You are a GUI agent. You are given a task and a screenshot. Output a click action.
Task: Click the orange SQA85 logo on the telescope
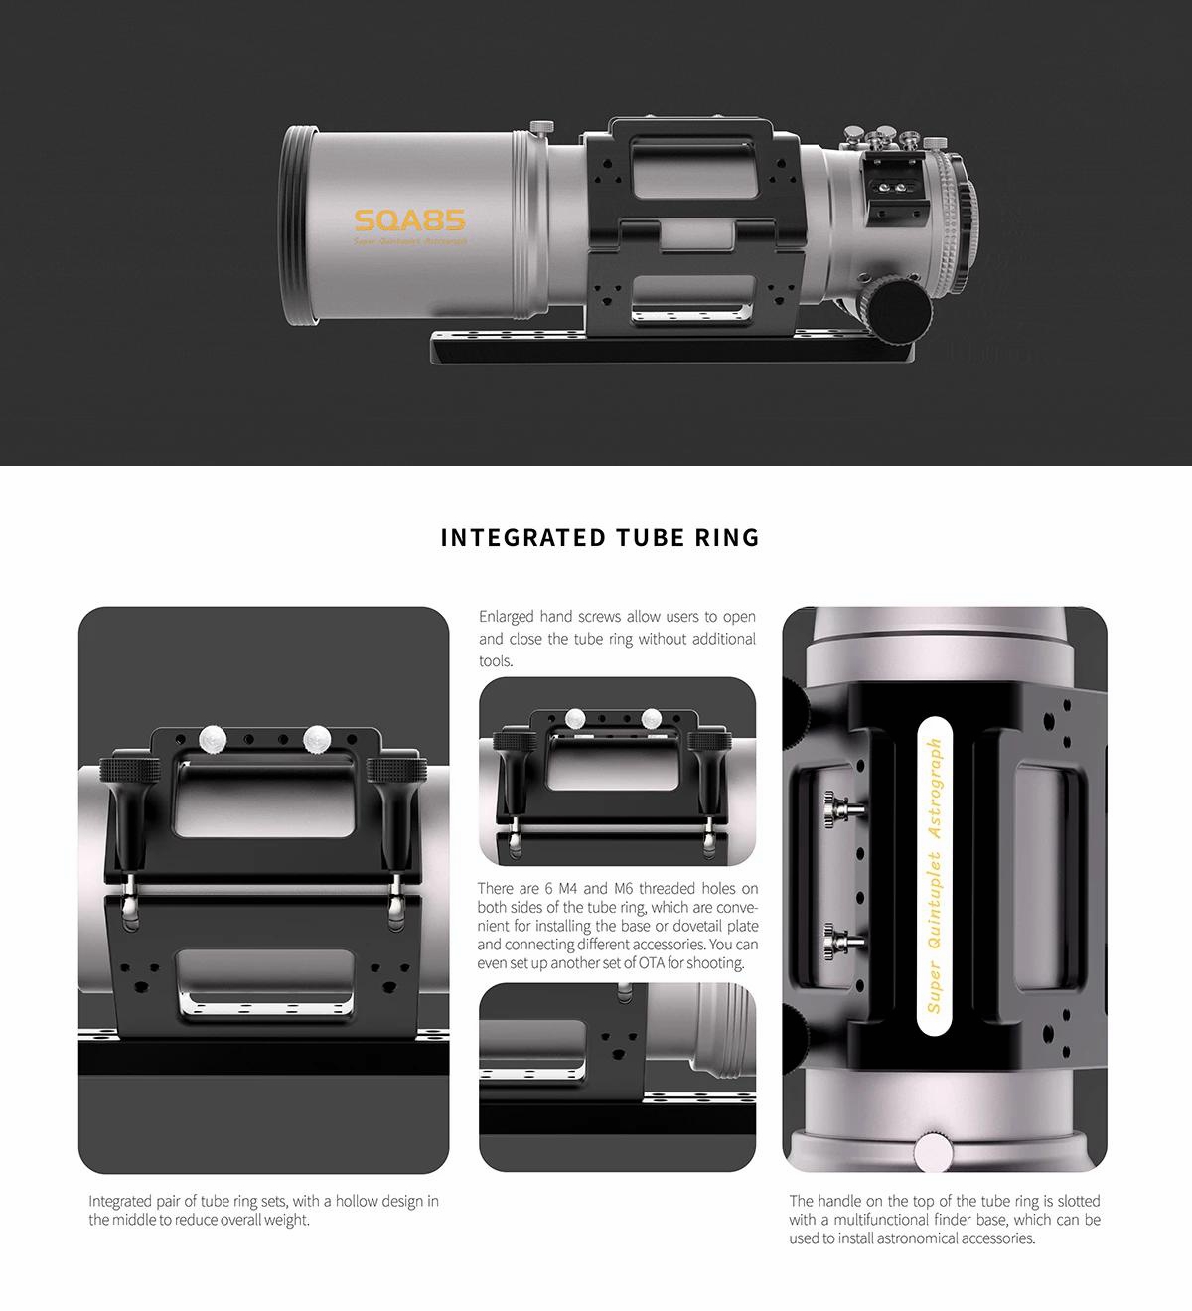click(x=410, y=220)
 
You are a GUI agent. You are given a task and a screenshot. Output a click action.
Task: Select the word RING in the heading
click(x=727, y=538)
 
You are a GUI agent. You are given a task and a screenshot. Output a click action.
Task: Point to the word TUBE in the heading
click(x=650, y=538)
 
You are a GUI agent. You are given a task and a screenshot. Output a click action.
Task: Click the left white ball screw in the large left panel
click(x=214, y=739)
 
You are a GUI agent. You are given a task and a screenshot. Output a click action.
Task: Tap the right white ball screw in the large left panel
click(x=318, y=739)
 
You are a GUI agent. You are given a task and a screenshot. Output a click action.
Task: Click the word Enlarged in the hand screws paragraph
click(x=506, y=617)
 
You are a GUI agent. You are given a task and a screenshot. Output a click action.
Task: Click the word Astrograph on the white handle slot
click(x=935, y=789)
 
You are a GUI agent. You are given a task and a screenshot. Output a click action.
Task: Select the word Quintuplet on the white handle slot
click(x=935, y=901)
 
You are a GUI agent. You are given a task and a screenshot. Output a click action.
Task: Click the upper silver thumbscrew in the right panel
click(x=843, y=809)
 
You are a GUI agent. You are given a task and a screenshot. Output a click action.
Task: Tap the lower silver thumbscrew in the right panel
click(x=843, y=942)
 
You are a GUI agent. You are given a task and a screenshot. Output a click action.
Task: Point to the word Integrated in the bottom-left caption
click(x=119, y=1201)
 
